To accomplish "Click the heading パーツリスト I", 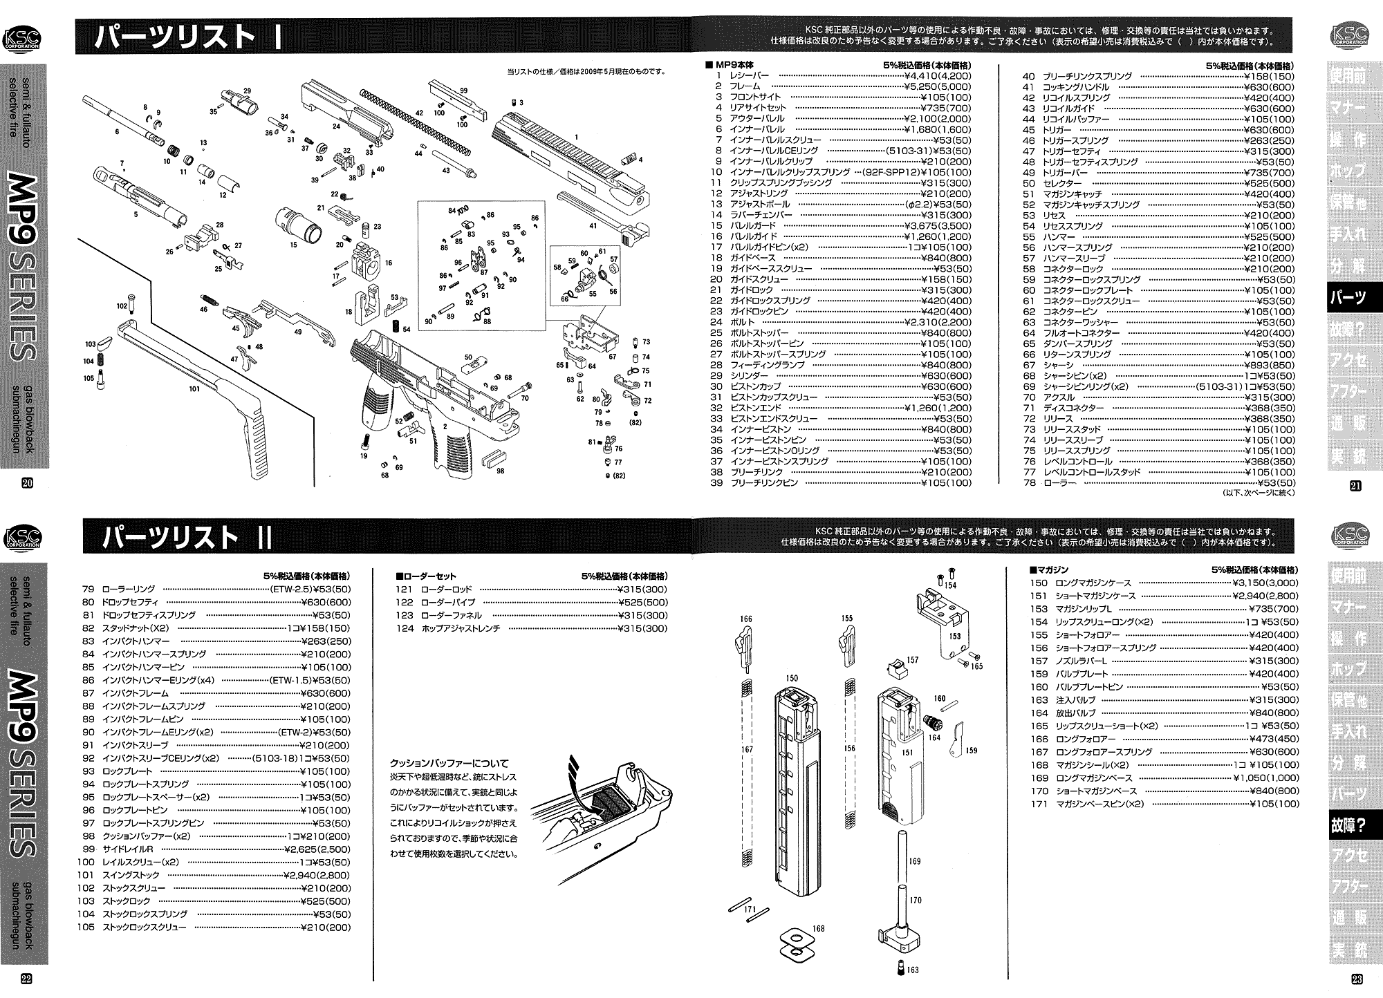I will [x=187, y=38].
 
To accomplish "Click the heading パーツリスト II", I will [x=187, y=537].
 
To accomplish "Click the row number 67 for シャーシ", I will [x=1029, y=365].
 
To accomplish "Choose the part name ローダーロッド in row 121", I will [x=446, y=589].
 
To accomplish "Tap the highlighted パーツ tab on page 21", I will [x=1348, y=298].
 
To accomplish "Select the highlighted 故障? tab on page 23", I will [x=1348, y=825].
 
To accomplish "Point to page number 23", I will [x=1355, y=979].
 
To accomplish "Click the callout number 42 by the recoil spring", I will [x=419, y=113].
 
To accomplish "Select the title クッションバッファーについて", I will [x=449, y=764].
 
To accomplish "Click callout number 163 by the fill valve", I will [x=913, y=970].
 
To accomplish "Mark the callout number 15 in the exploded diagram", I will [x=294, y=244].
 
